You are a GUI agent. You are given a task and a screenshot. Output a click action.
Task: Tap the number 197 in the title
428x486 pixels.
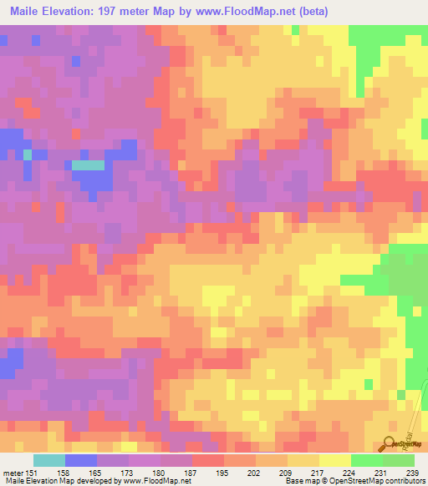coord(121,12)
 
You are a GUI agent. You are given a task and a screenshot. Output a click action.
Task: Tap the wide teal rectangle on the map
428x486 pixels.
coord(88,165)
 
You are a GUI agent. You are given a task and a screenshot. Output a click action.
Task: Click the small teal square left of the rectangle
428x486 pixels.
coord(28,154)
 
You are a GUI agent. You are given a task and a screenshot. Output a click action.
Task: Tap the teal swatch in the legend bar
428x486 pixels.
coord(48,460)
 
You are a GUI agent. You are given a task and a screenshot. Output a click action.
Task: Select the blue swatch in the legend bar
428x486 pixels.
coord(80,460)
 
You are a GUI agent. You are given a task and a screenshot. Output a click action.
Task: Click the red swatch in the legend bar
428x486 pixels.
coord(207,460)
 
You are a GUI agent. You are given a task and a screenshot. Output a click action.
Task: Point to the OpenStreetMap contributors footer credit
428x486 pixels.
coord(382,481)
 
